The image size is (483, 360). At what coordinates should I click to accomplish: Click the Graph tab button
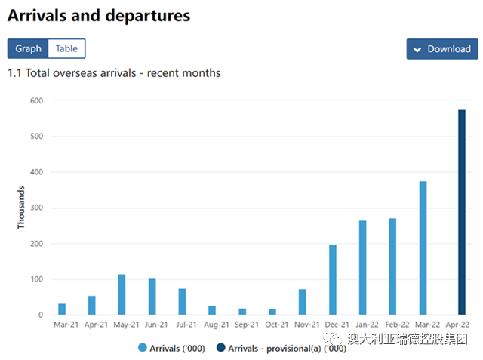(x=28, y=48)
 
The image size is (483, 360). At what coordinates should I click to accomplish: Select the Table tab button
(x=66, y=48)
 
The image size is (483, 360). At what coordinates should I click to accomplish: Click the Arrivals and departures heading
(x=99, y=15)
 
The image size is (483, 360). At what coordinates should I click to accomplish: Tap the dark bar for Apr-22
(x=461, y=212)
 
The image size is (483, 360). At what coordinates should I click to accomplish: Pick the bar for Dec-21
(x=333, y=280)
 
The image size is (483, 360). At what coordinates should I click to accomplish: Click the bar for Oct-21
(x=272, y=312)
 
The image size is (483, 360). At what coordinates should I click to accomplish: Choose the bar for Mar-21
(x=62, y=309)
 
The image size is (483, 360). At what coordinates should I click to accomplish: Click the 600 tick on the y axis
(x=36, y=100)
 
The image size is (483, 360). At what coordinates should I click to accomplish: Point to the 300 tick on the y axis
(x=36, y=208)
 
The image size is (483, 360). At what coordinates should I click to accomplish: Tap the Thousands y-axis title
(x=21, y=208)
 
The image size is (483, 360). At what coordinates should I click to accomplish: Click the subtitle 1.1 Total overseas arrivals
(x=114, y=73)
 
